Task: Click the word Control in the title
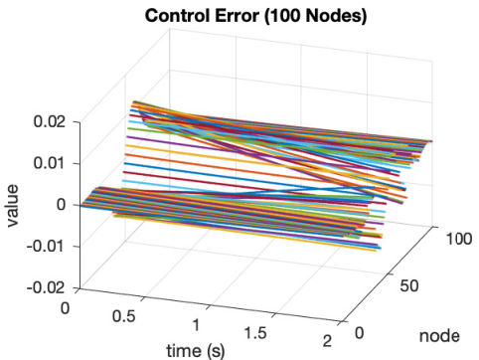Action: click(177, 16)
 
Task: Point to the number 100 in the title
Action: click(282, 16)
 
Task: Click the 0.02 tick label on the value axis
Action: click(50, 121)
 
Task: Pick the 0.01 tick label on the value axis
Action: click(50, 163)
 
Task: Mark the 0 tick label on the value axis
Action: click(61, 204)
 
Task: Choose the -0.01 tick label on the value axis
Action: click(46, 246)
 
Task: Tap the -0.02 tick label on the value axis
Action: click(46, 287)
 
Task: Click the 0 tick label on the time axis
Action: click(66, 308)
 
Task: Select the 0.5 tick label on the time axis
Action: click(124, 316)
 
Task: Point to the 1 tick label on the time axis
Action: click(196, 325)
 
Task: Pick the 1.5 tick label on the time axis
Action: click(255, 333)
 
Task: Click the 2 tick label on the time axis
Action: click(327, 341)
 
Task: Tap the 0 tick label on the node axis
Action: click(360, 332)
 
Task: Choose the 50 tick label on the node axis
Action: click(409, 285)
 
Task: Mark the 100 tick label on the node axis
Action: click(459, 239)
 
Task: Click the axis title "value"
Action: click(12, 206)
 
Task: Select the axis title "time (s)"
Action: click(196, 351)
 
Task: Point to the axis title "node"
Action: click(439, 336)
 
